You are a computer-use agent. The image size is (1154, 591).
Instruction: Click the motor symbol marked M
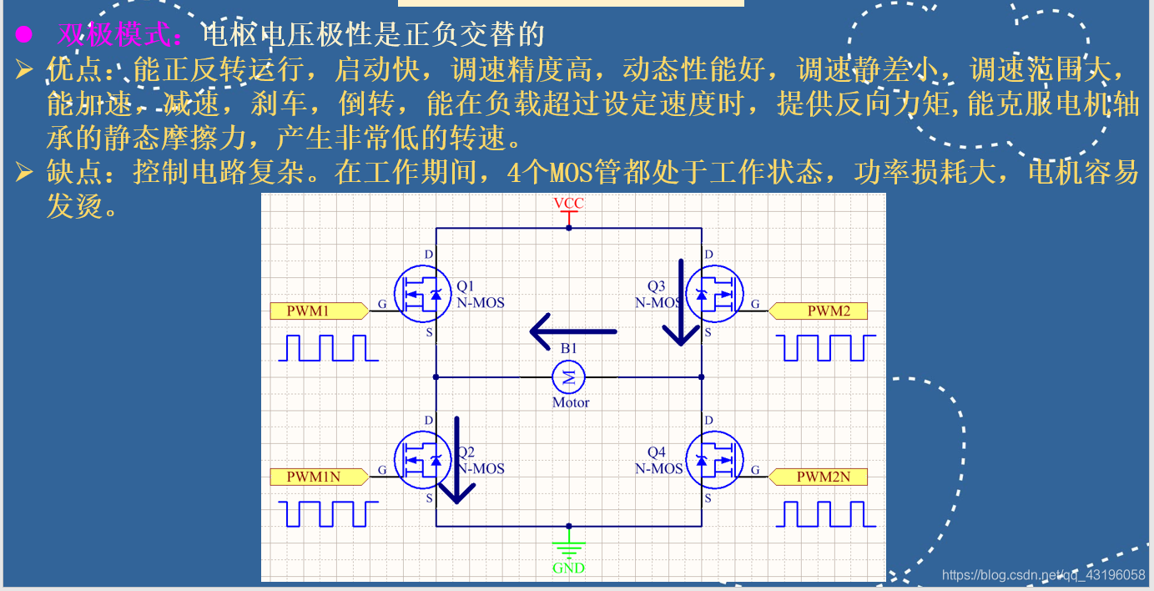(569, 377)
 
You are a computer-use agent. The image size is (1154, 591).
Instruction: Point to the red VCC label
(568, 204)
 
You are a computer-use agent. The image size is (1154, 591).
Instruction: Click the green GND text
(568, 568)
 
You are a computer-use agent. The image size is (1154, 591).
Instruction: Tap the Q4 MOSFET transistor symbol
(714, 460)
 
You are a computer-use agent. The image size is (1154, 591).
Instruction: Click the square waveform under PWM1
(328, 348)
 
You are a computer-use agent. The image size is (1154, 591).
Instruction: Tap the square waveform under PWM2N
(826, 514)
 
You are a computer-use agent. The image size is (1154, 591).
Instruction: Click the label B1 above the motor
(568, 348)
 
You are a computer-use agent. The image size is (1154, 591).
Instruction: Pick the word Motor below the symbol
(571, 402)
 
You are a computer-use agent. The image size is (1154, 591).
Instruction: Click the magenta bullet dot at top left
(23, 35)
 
